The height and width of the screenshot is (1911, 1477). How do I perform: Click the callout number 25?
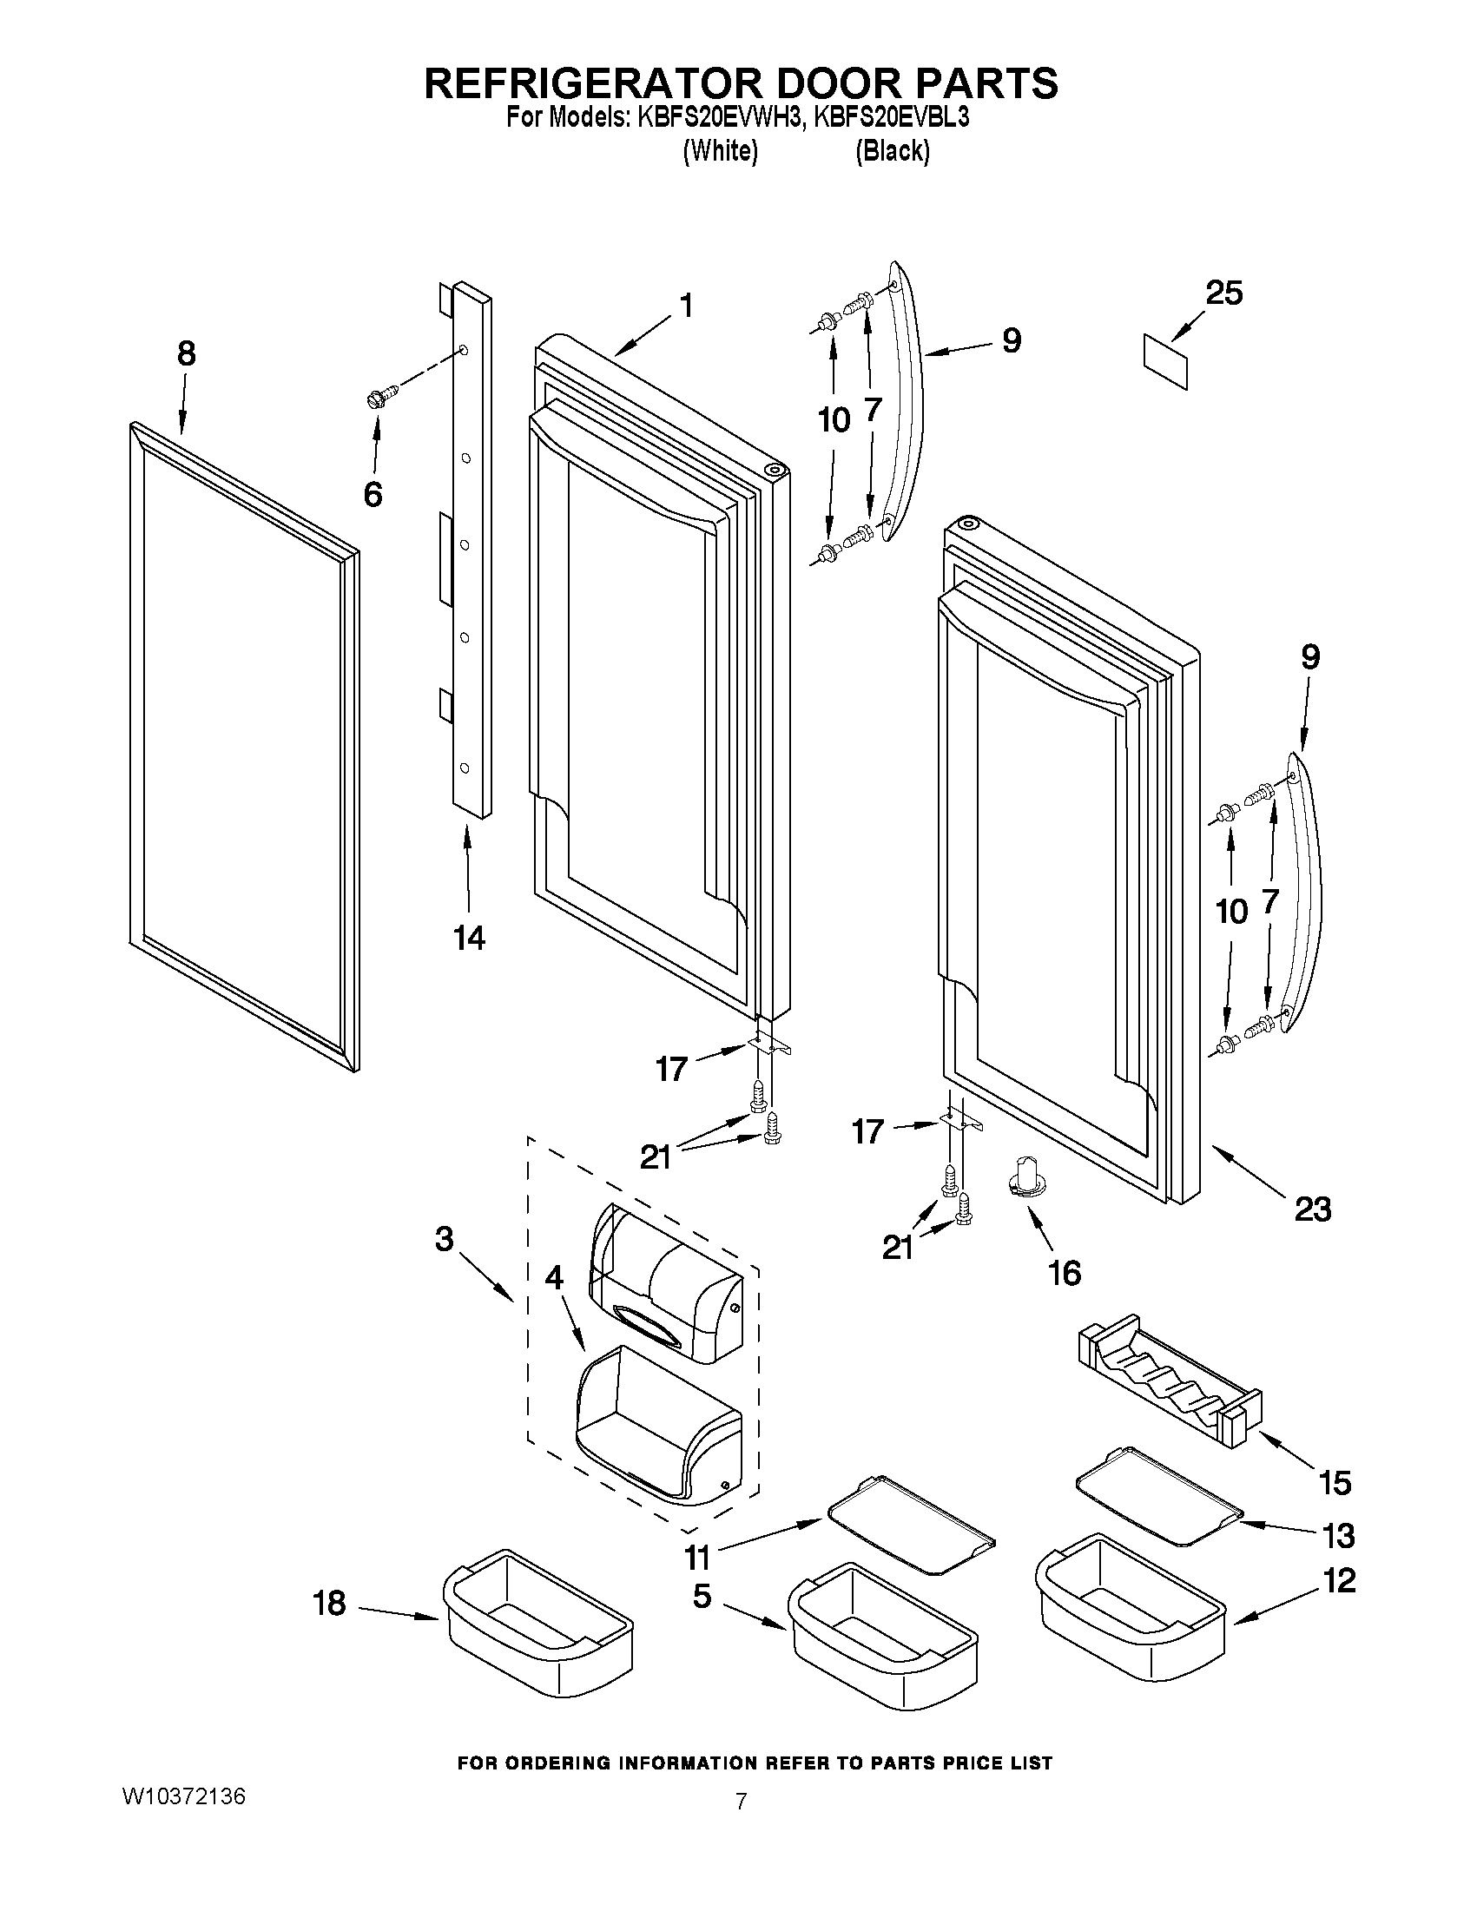(x=1223, y=293)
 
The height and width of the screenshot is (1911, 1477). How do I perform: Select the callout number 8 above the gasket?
(x=186, y=353)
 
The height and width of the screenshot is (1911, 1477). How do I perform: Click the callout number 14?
(x=469, y=938)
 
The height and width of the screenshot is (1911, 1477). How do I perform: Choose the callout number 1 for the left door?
(x=687, y=306)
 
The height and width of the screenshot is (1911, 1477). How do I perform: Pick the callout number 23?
(x=1312, y=1209)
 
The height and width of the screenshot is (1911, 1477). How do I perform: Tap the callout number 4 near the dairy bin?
(x=554, y=1278)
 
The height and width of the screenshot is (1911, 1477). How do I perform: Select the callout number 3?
(x=445, y=1239)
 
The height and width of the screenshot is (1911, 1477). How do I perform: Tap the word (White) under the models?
(x=719, y=151)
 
